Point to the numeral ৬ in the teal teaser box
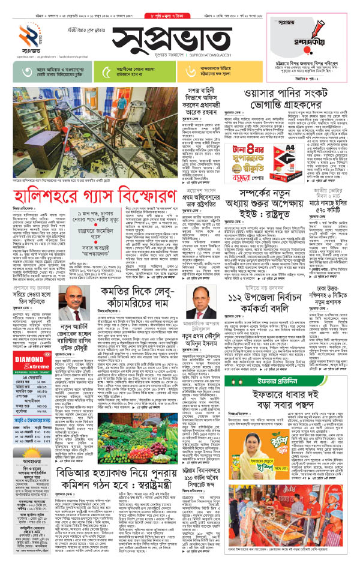tap(190, 72)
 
